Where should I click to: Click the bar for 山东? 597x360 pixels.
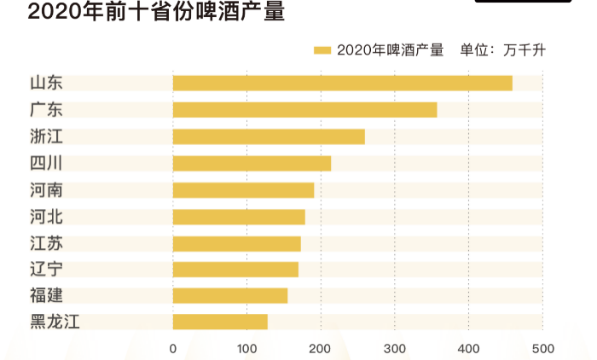pos(342,83)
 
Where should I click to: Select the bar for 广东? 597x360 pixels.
pos(304,110)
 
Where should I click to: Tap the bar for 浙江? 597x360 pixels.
pos(269,136)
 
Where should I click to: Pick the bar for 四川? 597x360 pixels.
pos(252,163)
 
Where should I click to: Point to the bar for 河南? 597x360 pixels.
pos(243,189)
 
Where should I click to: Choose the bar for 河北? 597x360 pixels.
pos(239,217)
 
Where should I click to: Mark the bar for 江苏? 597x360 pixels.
pos(236,243)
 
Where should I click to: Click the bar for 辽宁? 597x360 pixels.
pos(235,270)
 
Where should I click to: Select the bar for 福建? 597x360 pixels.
pos(229,295)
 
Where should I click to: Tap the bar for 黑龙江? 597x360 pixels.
pos(220,322)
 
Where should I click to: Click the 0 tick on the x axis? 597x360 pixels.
pos(173,348)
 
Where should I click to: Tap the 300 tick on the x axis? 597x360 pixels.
pos(395,348)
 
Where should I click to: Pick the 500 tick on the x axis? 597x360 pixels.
pos(542,348)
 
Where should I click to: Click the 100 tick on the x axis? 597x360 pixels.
pos(246,348)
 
